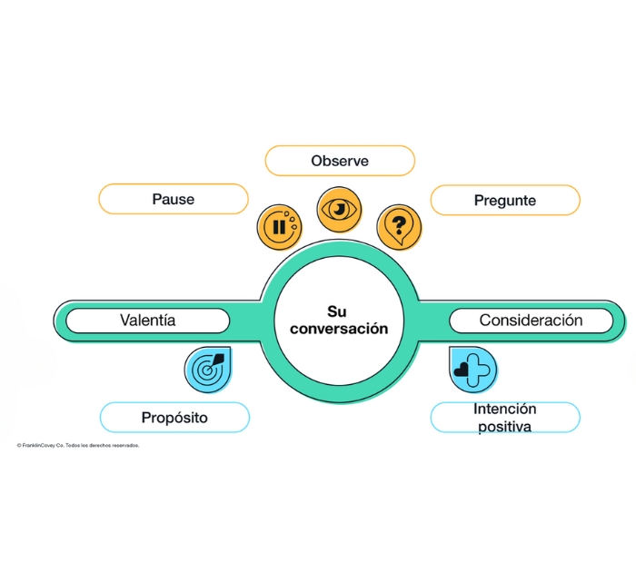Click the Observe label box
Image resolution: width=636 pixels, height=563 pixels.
pos(340,161)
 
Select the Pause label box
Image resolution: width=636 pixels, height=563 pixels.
pos(173,199)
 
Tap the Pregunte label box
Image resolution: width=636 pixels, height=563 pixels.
pos(504,200)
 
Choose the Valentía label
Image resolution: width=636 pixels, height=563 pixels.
pos(148,320)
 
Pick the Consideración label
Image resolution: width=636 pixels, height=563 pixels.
pos(531,320)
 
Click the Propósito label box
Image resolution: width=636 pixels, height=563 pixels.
pos(174,418)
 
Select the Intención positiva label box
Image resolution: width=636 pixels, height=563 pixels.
pos(504,418)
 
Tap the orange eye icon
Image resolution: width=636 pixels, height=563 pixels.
pos(339,210)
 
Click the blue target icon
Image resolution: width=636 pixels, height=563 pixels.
pos(207,368)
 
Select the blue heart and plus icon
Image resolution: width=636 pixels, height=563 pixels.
pos(473,368)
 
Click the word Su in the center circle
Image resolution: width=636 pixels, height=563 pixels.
pos(337,311)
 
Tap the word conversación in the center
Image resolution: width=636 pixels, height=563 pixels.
pos(338,329)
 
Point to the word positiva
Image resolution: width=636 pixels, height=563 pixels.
pos(503,427)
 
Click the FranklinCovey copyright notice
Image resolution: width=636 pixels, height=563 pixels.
pos(78,446)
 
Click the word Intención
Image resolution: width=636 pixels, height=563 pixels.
pos(504,409)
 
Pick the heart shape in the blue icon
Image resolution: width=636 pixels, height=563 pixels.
pos(466,369)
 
